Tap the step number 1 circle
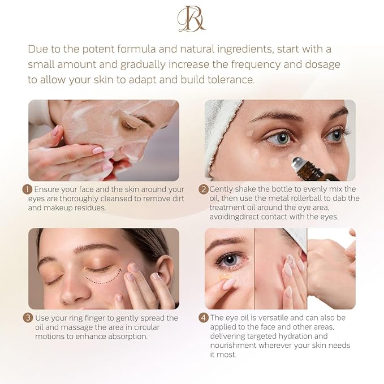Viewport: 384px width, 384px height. (27, 189)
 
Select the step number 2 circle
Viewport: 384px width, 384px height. (204, 189)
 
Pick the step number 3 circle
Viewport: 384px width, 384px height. (27, 318)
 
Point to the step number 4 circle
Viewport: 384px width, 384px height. (204, 318)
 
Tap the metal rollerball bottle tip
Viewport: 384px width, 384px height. (295, 164)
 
